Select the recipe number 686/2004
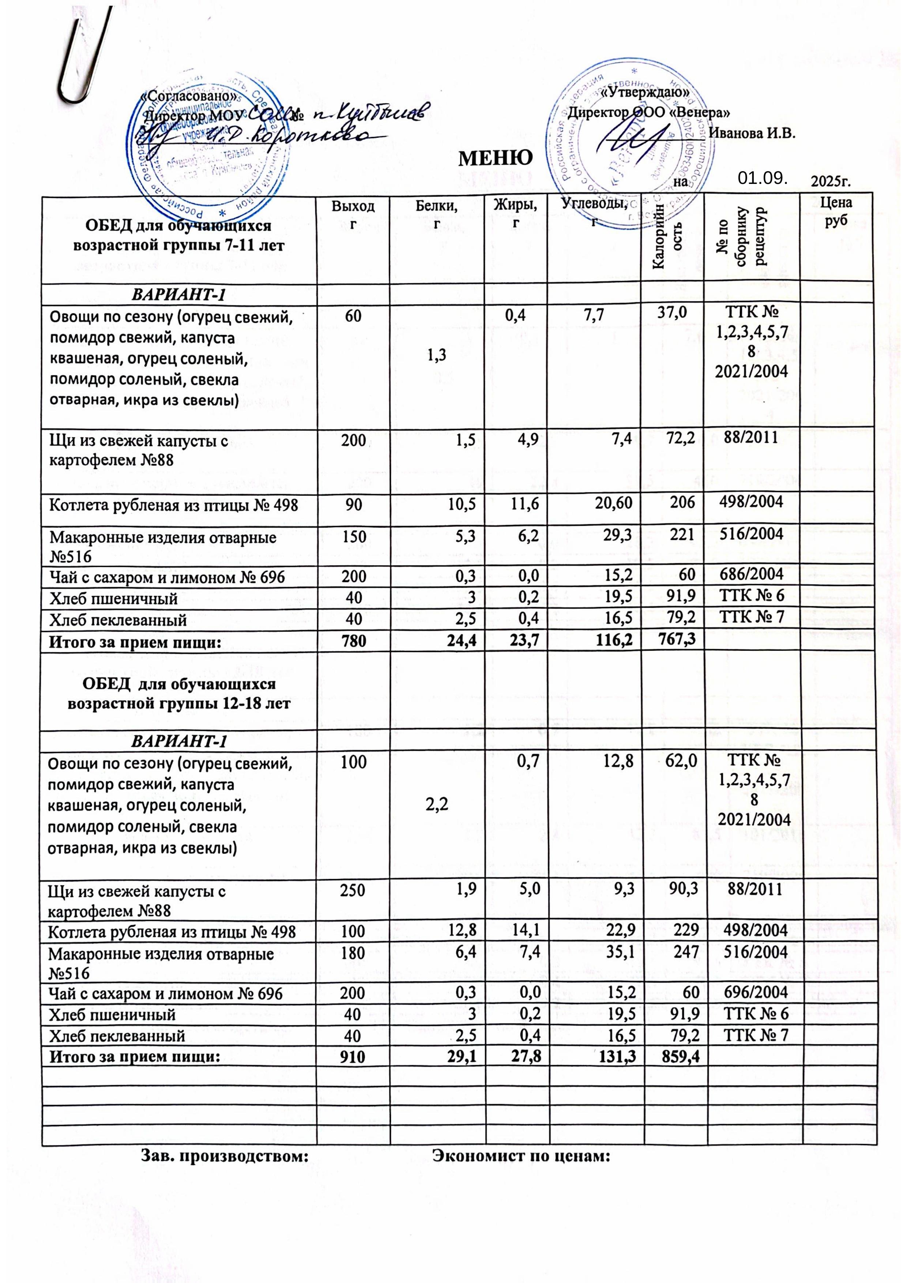coord(753,574)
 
